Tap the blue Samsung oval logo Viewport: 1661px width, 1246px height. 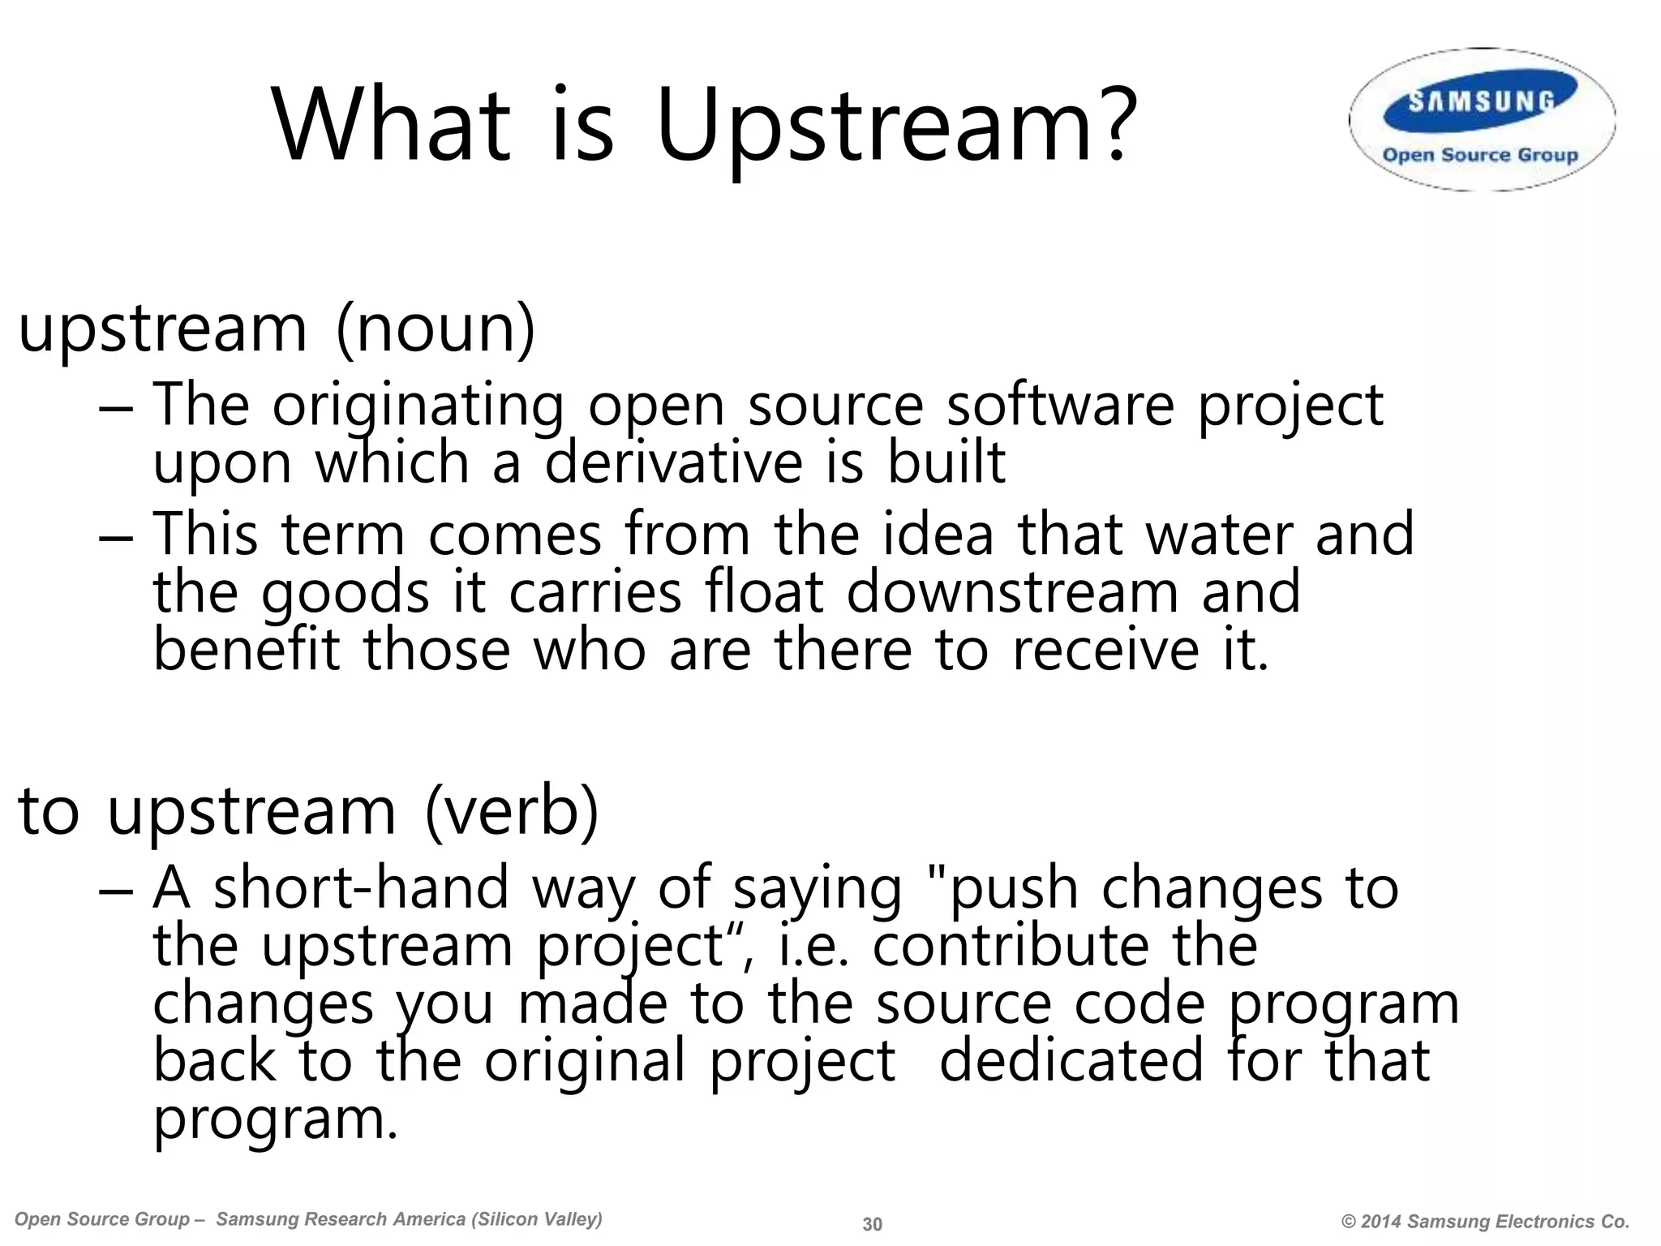coord(1481,101)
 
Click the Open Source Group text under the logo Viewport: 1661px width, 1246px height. coord(1480,155)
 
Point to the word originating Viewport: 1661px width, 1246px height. coord(418,406)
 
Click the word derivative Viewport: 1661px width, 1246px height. coord(672,462)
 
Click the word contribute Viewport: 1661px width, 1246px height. coord(1010,946)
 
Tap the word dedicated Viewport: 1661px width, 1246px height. coord(1071,1061)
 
